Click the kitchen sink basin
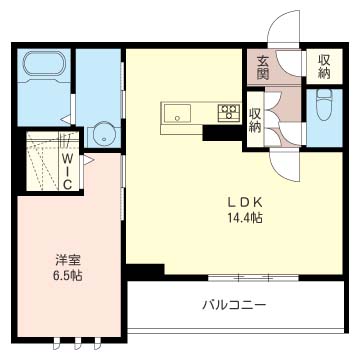(x=177, y=113)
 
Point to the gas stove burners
(x=229, y=112)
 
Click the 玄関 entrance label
(x=263, y=69)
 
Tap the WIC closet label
(x=68, y=171)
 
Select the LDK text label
(x=245, y=203)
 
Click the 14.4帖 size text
(x=245, y=218)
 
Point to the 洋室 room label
(x=67, y=260)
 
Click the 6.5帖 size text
(x=67, y=275)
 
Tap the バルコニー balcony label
(x=234, y=305)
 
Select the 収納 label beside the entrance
(x=324, y=67)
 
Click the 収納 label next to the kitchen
(x=255, y=121)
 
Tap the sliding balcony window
(x=253, y=277)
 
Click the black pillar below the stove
(x=223, y=133)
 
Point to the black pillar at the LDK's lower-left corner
(x=146, y=272)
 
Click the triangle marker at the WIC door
(x=88, y=160)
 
